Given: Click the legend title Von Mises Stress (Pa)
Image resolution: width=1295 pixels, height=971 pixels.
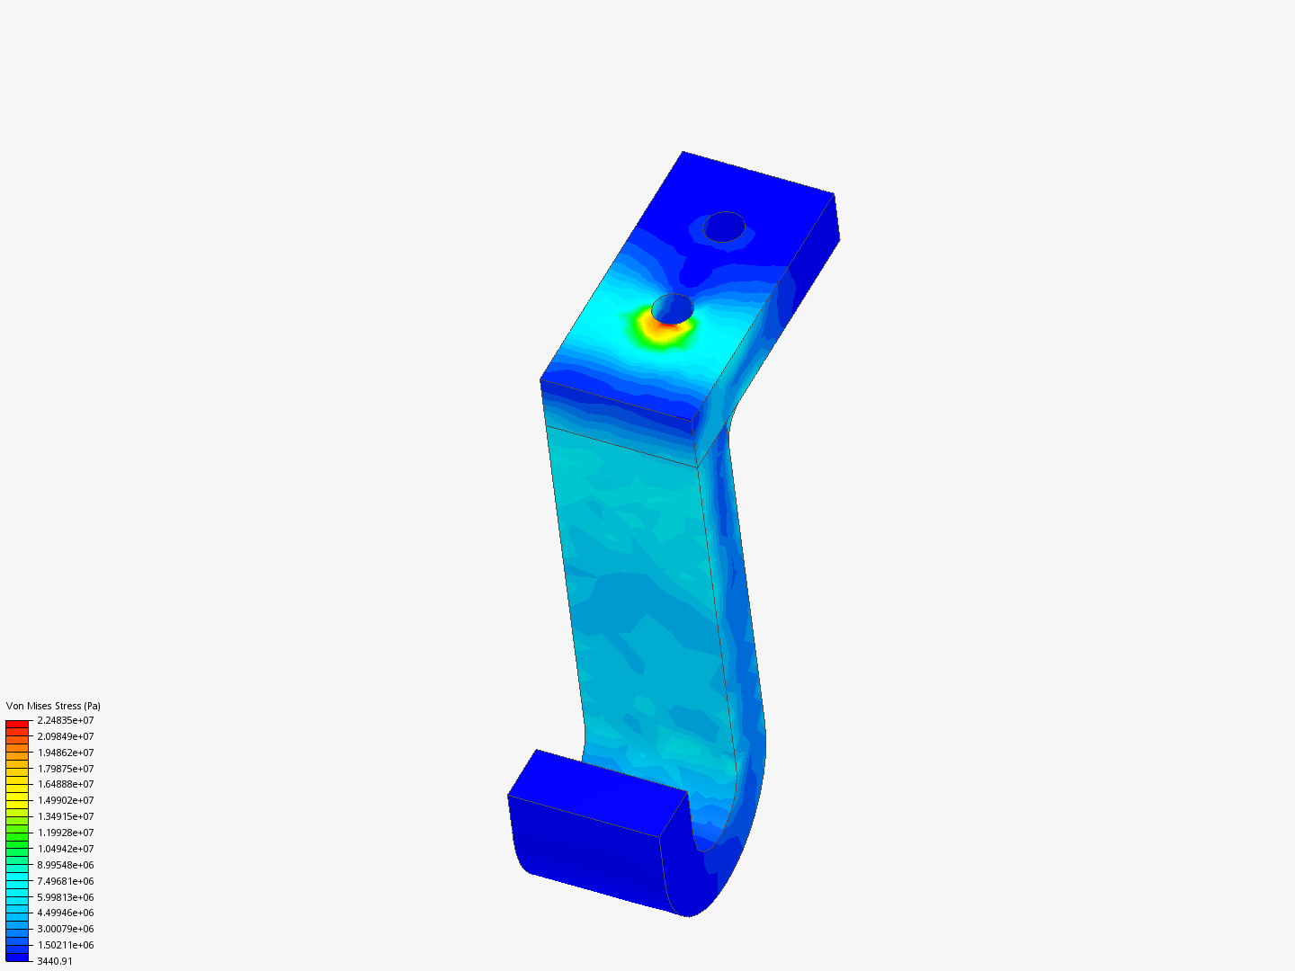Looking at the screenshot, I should (53, 706).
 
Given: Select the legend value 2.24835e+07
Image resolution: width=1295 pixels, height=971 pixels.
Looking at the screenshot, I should (66, 720).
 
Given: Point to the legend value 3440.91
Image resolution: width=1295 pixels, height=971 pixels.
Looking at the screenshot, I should (55, 961).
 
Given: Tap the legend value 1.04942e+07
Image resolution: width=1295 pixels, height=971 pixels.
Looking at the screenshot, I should (66, 849).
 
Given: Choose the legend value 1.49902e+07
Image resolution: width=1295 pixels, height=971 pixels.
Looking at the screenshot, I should (66, 800).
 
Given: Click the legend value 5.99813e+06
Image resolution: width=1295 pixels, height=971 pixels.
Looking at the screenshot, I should (66, 897).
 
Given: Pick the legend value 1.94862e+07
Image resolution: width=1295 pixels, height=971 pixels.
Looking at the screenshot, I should (66, 753).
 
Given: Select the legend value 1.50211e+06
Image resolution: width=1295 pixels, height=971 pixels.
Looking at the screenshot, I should (66, 945).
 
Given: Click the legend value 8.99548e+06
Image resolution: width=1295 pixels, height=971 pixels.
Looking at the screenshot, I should (66, 865).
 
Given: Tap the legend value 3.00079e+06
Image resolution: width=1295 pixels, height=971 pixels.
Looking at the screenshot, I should (66, 929).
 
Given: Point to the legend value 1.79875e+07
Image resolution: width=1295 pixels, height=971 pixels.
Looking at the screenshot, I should (66, 769).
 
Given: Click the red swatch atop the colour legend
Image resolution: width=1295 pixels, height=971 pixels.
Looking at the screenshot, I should (17, 724).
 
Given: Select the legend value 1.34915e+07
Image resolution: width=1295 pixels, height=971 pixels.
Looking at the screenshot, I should (66, 816).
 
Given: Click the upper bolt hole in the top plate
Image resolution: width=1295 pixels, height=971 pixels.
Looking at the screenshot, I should (724, 227).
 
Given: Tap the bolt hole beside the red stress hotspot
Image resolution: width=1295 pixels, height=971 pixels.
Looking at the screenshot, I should (673, 308).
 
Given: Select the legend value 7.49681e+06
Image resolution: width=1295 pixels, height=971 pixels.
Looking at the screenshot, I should (66, 881).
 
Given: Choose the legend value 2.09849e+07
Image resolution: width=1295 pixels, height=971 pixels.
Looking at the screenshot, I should (66, 736).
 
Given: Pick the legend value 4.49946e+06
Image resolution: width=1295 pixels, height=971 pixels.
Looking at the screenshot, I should (66, 913).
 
